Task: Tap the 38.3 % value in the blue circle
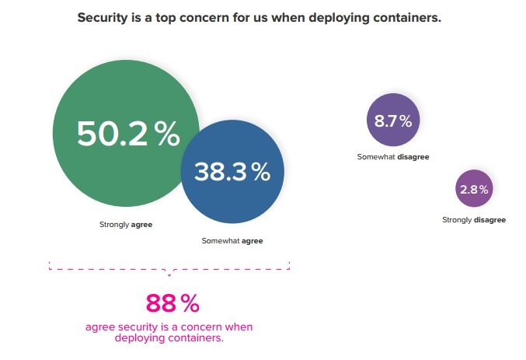(232, 172)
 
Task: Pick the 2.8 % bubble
(473, 189)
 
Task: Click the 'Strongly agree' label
(126, 225)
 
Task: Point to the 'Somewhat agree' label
(232, 241)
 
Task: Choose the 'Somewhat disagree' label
(393, 157)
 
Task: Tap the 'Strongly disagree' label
(474, 220)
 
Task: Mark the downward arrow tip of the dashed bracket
(169, 274)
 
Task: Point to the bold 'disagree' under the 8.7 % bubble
(413, 157)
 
